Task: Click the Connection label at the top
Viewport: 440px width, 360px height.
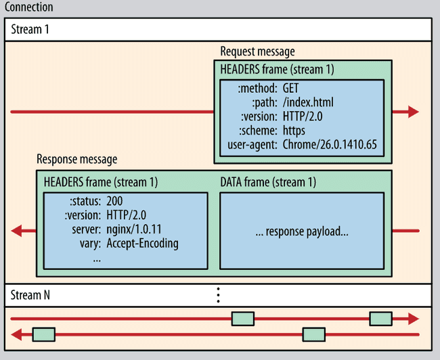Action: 28,7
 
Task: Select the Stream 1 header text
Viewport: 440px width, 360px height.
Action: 30,30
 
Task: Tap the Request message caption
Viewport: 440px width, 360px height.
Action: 257,52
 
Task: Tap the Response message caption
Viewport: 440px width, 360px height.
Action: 76,159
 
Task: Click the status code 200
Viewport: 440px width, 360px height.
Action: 114,202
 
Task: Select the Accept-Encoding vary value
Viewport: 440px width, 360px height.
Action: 142,243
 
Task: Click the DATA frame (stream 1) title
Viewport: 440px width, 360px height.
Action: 268,183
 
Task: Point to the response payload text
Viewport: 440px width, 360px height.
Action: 302,231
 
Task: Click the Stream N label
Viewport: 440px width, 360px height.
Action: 30,295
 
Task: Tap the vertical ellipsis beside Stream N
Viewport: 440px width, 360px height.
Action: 218,295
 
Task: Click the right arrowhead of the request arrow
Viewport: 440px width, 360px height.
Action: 412,112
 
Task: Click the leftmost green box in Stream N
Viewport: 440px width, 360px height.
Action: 43,334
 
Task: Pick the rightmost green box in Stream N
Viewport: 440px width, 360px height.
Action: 380,318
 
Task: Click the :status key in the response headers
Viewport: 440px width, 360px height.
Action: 85,202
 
